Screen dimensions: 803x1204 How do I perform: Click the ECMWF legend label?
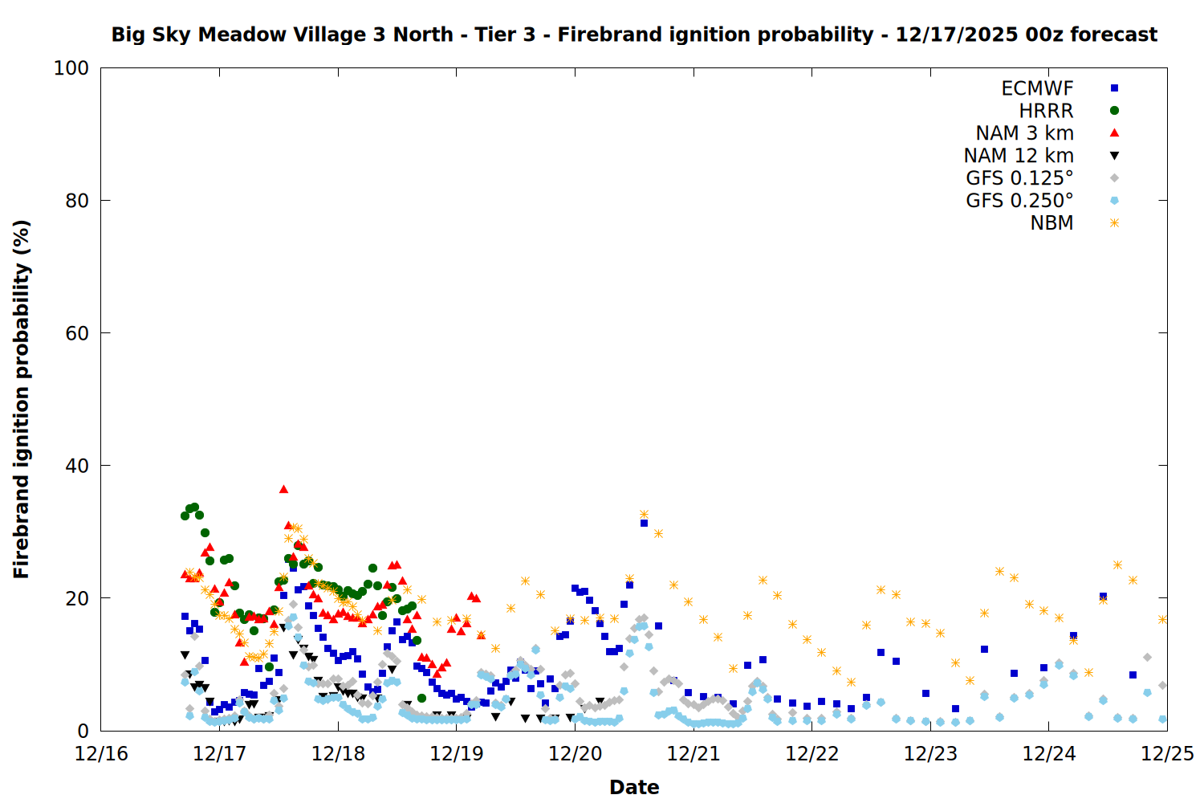pyautogui.click(x=1037, y=88)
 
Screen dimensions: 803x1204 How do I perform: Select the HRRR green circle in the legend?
pyautogui.click(x=1114, y=111)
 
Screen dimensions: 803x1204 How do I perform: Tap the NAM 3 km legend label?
pyautogui.click(x=1024, y=133)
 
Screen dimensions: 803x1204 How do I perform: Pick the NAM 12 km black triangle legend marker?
pyautogui.click(x=1114, y=156)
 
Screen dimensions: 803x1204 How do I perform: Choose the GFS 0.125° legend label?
pyautogui.click(x=1019, y=178)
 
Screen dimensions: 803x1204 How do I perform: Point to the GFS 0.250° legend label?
pyautogui.click(x=1019, y=201)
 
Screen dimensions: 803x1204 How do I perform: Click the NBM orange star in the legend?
pyautogui.click(x=1114, y=223)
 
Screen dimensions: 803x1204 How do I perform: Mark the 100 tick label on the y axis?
pyautogui.click(x=71, y=68)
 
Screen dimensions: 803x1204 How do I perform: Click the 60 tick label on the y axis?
pyautogui.click(x=77, y=333)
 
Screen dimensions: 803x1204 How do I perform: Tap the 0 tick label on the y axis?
pyautogui.click(x=83, y=731)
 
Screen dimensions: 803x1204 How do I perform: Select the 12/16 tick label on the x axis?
pyautogui.click(x=101, y=754)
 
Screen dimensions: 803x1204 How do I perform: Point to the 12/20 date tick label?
pyautogui.click(x=575, y=754)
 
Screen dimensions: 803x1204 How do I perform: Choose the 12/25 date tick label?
pyautogui.click(x=1167, y=754)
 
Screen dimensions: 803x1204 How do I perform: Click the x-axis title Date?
pyautogui.click(x=634, y=787)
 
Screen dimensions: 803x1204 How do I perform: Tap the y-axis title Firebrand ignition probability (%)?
pyautogui.click(x=21, y=399)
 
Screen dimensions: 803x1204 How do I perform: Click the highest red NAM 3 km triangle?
pyautogui.click(x=283, y=489)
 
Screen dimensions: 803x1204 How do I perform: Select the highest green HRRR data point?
pyautogui.click(x=194, y=507)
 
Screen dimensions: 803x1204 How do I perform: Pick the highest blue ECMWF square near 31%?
pyautogui.click(x=644, y=523)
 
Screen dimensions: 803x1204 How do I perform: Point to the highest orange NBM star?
pyautogui.click(x=644, y=514)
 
